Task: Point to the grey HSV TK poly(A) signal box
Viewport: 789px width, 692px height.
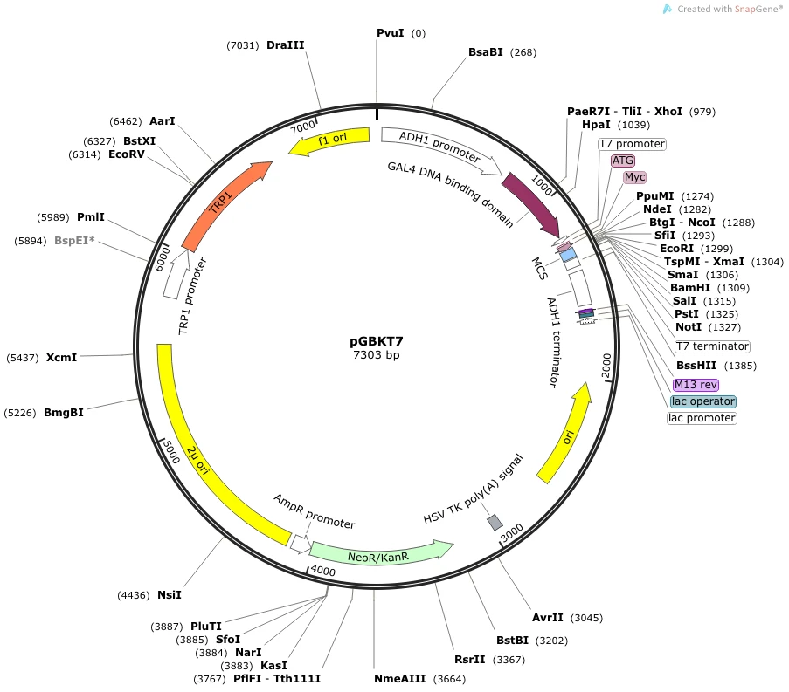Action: (495, 522)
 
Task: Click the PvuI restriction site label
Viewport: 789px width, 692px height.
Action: (391, 32)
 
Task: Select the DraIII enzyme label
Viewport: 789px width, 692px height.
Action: (286, 45)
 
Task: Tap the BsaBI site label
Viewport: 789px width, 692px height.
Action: (486, 52)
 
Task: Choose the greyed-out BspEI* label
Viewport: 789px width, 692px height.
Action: (74, 241)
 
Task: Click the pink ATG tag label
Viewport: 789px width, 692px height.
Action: (623, 161)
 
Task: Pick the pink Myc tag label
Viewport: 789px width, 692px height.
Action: (634, 177)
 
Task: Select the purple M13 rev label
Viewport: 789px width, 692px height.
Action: (696, 385)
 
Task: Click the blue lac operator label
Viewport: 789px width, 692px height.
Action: (703, 401)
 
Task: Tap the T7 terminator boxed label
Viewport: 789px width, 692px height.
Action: (712, 346)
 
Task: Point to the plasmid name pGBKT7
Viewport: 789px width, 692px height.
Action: (377, 342)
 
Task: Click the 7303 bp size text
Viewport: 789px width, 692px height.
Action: (377, 355)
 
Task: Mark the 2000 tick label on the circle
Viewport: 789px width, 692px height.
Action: (606, 366)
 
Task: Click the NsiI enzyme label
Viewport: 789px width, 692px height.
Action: (170, 595)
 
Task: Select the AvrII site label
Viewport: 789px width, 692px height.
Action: (548, 618)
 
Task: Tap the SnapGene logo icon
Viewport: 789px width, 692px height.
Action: (668, 9)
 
